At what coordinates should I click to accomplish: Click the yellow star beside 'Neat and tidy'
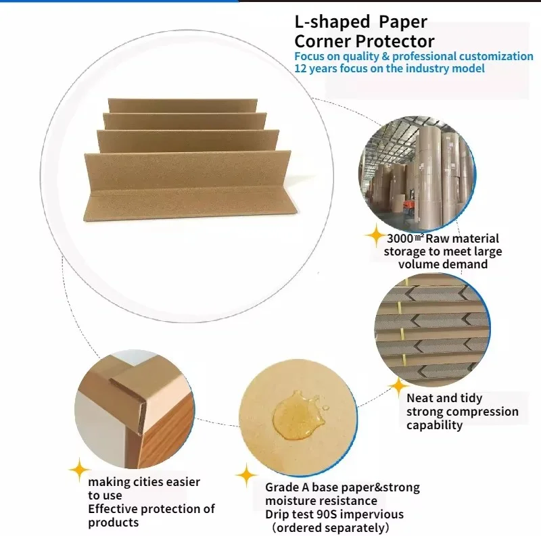point(396,387)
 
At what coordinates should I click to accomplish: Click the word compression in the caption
point(486,412)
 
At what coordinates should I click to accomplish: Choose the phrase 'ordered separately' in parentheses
point(330,528)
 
